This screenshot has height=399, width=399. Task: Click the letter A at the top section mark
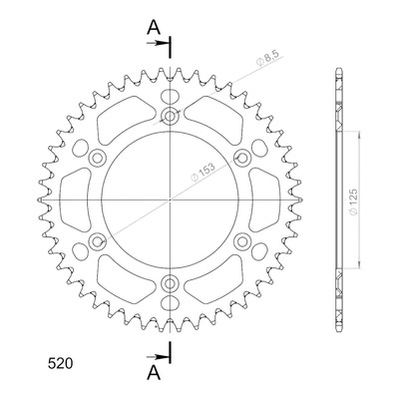(154, 27)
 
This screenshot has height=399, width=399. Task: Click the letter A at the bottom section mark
(154, 372)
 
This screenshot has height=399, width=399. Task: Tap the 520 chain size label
(60, 364)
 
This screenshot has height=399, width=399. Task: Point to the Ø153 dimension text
(203, 172)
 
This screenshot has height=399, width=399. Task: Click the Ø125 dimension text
(353, 201)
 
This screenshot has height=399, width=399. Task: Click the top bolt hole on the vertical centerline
(170, 117)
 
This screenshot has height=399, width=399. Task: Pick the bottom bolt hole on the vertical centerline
(170, 283)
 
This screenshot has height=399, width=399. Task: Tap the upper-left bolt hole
(98, 158)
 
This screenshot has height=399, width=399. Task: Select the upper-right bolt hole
(242, 158)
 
